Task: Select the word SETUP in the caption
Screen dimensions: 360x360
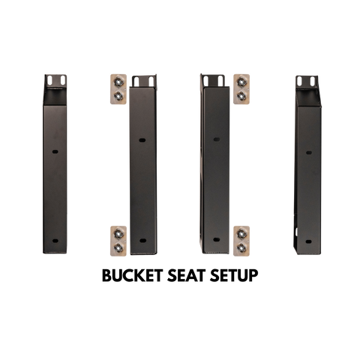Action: pos(234,275)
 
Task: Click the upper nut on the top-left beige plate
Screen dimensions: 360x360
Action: pos(118,82)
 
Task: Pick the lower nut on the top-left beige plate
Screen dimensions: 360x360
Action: pos(118,95)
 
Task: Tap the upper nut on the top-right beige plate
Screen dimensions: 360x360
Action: pos(241,82)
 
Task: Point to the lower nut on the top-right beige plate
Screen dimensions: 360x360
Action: pos(241,95)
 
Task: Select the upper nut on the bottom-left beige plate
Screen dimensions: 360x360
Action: pos(118,234)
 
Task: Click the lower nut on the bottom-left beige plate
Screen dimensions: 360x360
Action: pos(118,247)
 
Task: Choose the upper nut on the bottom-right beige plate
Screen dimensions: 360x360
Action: pos(241,234)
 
